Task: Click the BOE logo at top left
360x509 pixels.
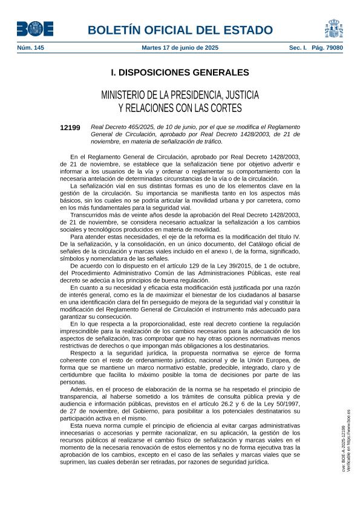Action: point(32,28)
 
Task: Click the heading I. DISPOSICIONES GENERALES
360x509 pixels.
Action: point(180,73)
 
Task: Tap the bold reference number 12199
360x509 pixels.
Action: point(70,128)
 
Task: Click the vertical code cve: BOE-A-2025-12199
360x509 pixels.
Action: point(343,448)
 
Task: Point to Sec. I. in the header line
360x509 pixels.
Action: point(298,47)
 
